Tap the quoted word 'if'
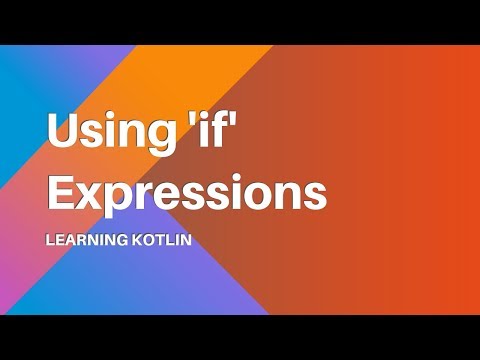[219, 131]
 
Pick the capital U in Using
[63, 131]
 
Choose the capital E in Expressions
[61, 191]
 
